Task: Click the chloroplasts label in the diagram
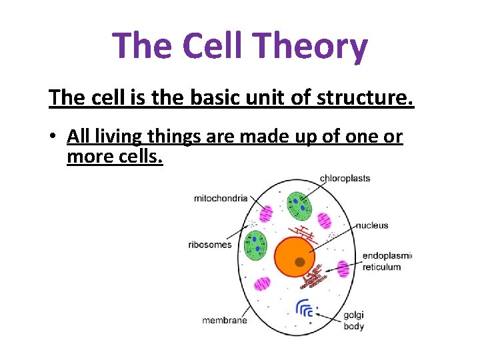tap(345, 178)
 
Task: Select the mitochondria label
tap(221, 198)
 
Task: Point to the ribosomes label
tap(210, 245)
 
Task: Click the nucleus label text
tap(371, 225)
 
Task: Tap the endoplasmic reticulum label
tap(387, 261)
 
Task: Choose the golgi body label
tap(353, 321)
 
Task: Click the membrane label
tap(225, 320)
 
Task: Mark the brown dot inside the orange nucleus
tap(300, 262)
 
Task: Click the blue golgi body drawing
tap(305, 308)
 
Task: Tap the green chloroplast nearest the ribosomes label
tap(255, 245)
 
